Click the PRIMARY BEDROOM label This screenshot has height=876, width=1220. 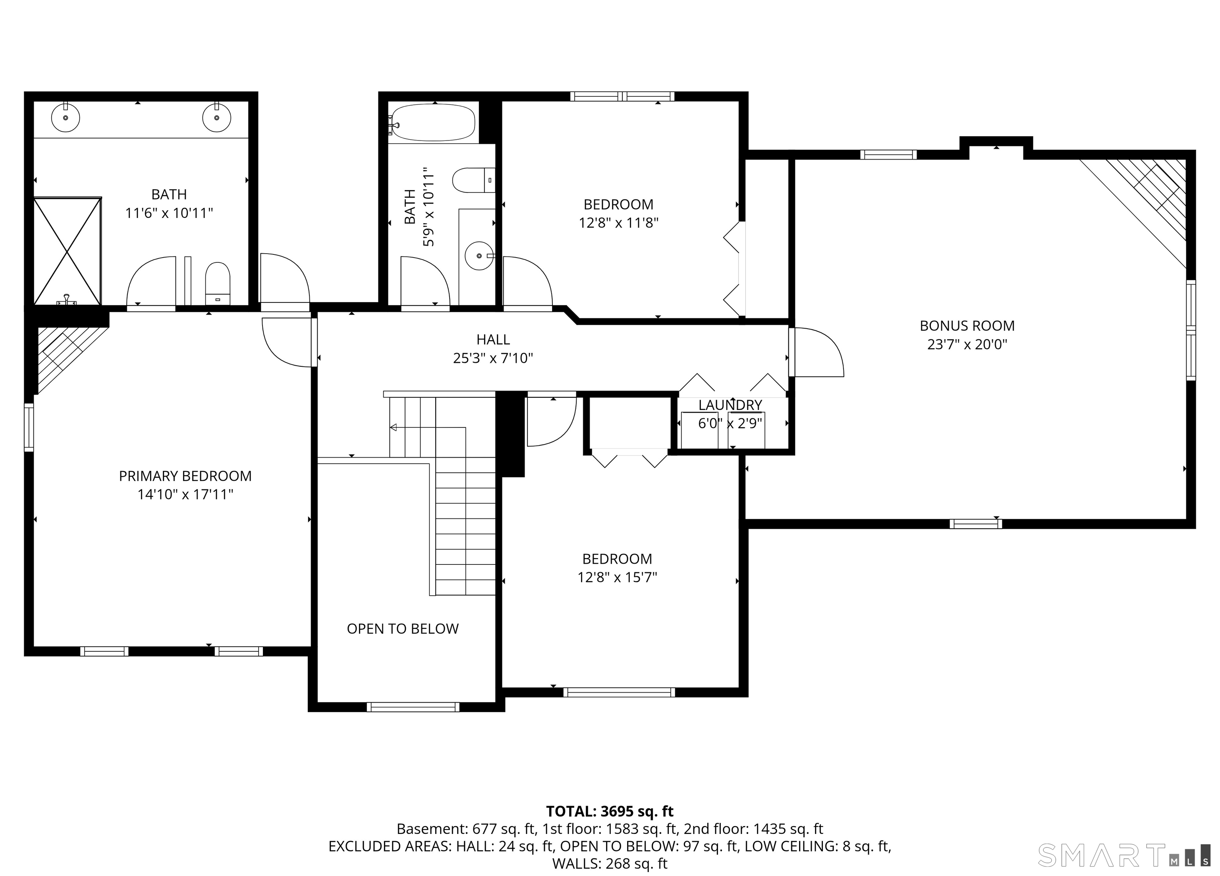tap(185, 476)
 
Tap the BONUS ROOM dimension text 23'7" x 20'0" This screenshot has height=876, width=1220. tap(967, 344)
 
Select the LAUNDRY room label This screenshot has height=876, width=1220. tap(730, 405)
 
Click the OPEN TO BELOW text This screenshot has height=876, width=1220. tap(402, 629)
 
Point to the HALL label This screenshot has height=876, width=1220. tap(493, 339)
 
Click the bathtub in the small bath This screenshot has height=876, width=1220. tap(433, 123)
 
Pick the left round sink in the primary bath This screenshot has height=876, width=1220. tap(66, 118)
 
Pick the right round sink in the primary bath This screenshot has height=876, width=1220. tap(217, 118)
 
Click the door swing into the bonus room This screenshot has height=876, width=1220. tap(818, 352)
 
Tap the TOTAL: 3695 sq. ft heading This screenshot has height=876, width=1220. tap(610, 811)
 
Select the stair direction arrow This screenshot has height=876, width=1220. tap(394, 427)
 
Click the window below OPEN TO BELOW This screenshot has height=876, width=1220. tap(413, 707)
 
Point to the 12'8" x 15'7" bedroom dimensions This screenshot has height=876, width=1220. tap(617, 577)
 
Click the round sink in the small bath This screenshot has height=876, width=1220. tap(479, 256)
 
